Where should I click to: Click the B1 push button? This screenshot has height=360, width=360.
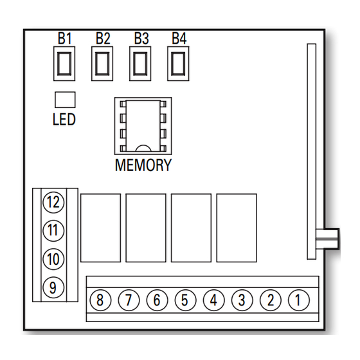(x=64, y=64)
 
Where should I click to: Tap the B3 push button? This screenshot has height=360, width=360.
(x=140, y=64)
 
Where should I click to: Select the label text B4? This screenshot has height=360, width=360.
(x=179, y=39)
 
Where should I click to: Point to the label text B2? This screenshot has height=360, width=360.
(x=103, y=39)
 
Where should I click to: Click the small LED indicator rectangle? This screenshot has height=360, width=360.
(x=65, y=100)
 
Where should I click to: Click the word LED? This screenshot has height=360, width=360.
(x=64, y=119)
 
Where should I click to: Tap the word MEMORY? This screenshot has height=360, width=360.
(x=143, y=165)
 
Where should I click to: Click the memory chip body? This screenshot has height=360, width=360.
(x=143, y=126)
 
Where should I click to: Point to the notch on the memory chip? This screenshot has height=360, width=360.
(x=143, y=148)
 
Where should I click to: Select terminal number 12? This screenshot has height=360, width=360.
(x=53, y=203)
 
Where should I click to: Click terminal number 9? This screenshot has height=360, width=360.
(x=53, y=287)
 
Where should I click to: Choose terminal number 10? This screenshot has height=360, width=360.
(x=53, y=259)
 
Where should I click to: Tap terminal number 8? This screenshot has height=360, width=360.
(x=100, y=300)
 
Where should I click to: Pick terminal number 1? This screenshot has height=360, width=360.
(x=299, y=300)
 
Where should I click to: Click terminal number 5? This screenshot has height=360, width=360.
(x=185, y=300)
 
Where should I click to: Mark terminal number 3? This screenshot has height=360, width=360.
(x=242, y=300)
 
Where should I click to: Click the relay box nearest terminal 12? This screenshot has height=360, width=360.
(x=100, y=228)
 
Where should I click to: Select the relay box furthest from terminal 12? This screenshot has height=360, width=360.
(x=237, y=228)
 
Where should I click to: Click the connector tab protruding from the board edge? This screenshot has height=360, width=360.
(x=327, y=239)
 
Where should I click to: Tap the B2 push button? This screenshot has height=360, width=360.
(x=102, y=64)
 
